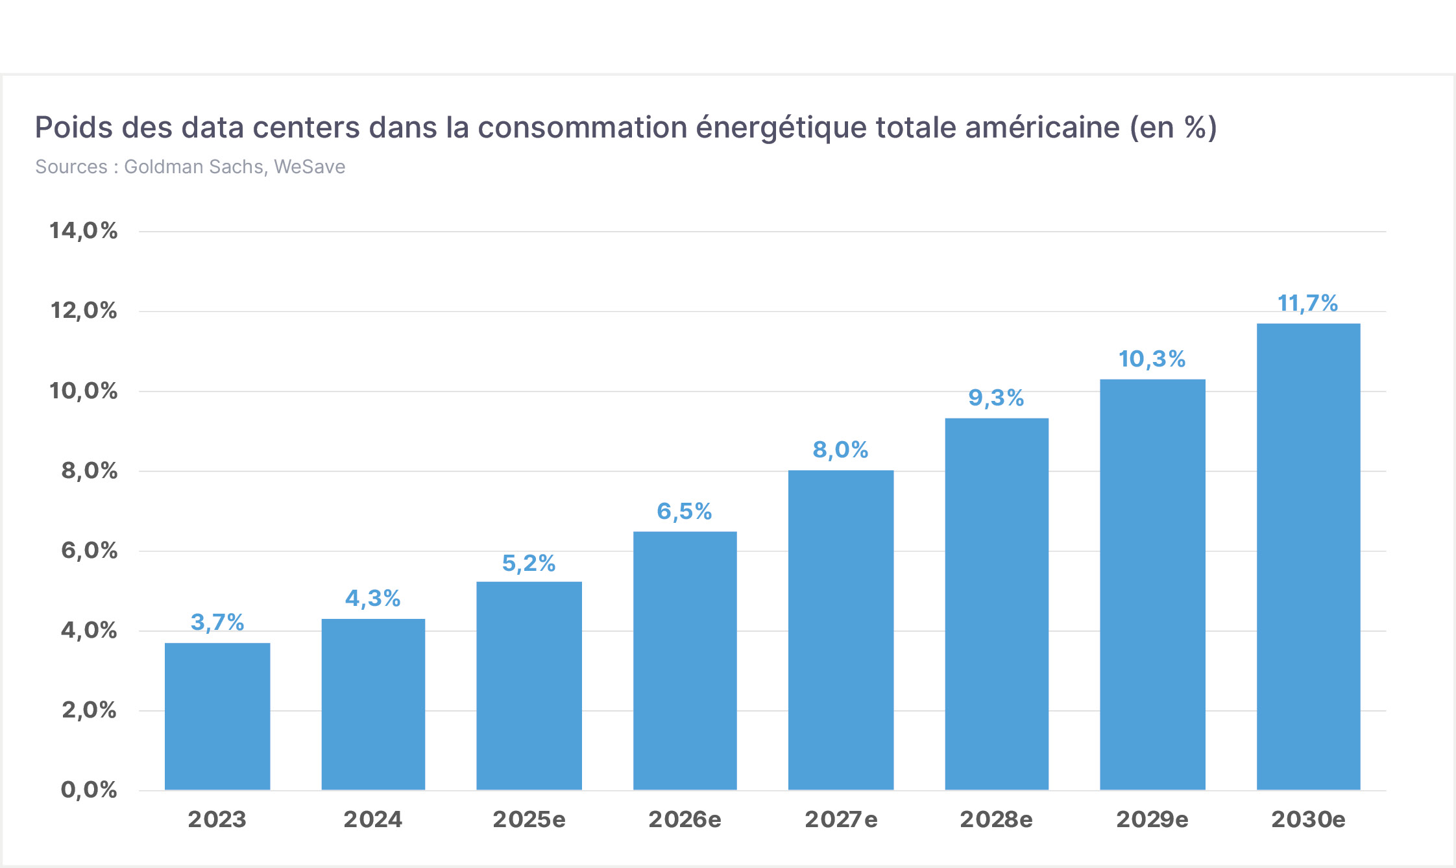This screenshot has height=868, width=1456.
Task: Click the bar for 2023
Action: point(217,716)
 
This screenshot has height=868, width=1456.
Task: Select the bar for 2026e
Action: point(685,660)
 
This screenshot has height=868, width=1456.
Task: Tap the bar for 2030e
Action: point(1309,557)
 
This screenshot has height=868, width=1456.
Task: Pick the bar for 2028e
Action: point(997,604)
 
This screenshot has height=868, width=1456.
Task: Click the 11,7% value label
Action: point(1308,303)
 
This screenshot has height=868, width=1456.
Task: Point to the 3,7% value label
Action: point(217,622)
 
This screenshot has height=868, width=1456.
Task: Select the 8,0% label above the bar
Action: point(840,450)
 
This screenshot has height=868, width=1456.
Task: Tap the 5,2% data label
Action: point(529,563)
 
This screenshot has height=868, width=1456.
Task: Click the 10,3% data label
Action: point(1152,359)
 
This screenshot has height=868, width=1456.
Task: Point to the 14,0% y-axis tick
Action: point(84,230)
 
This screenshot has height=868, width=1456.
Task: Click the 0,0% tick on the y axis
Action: point(89,790)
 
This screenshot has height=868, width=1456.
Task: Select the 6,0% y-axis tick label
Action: point(90,550)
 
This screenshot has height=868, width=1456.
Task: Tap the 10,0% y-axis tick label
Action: point(84,391)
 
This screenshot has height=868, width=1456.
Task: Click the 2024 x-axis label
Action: point(373,819)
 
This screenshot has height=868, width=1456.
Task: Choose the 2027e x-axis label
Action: point(841,819)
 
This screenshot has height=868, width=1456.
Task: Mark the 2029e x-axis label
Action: point(1152,819)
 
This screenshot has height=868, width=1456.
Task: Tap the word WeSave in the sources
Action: point(309,167)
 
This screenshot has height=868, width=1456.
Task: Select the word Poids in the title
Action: point(74,127)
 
